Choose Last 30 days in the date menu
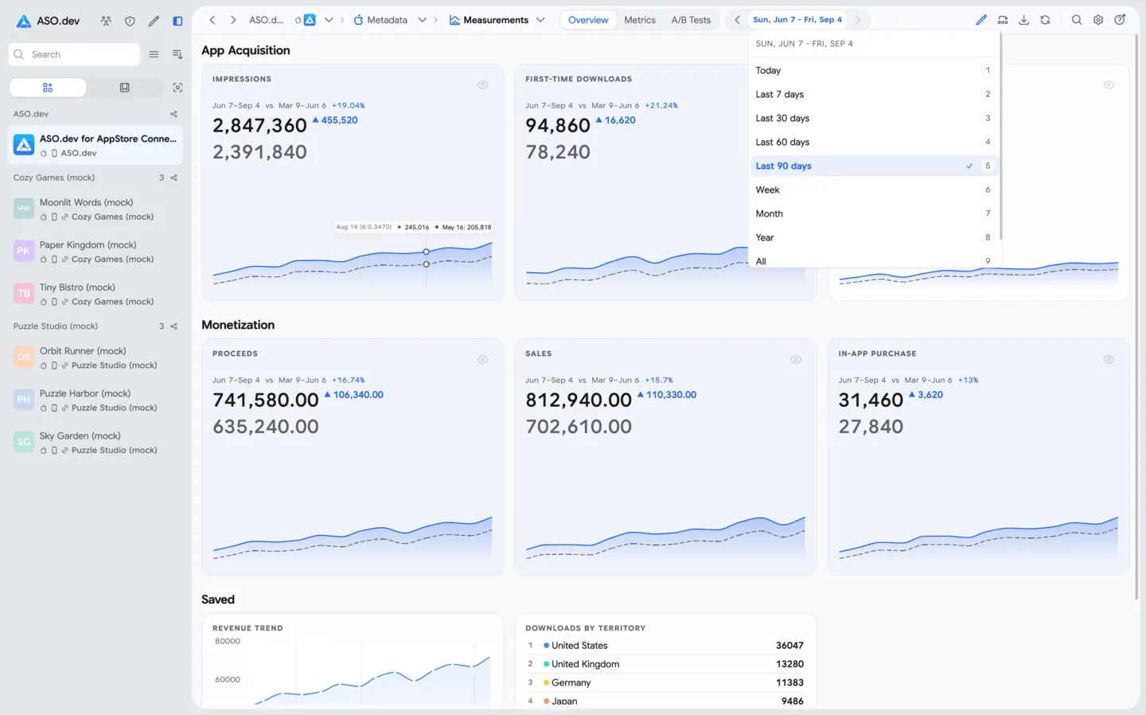[782, 118]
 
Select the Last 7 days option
[779, 94]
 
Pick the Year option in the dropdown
[764, 237]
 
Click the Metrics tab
[640, 20]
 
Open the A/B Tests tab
[691, 20]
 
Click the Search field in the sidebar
[74, 54]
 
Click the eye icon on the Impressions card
[482, 85]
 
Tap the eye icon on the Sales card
[796, 359]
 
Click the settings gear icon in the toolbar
[1098, 20]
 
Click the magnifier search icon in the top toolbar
[1077, 20]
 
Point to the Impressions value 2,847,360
[259, 125]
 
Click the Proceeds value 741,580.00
[266, 400]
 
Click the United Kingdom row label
[585, 664]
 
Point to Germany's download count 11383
[789, 682]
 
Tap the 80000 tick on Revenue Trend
[227, 641]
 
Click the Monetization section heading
[238, 325]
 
